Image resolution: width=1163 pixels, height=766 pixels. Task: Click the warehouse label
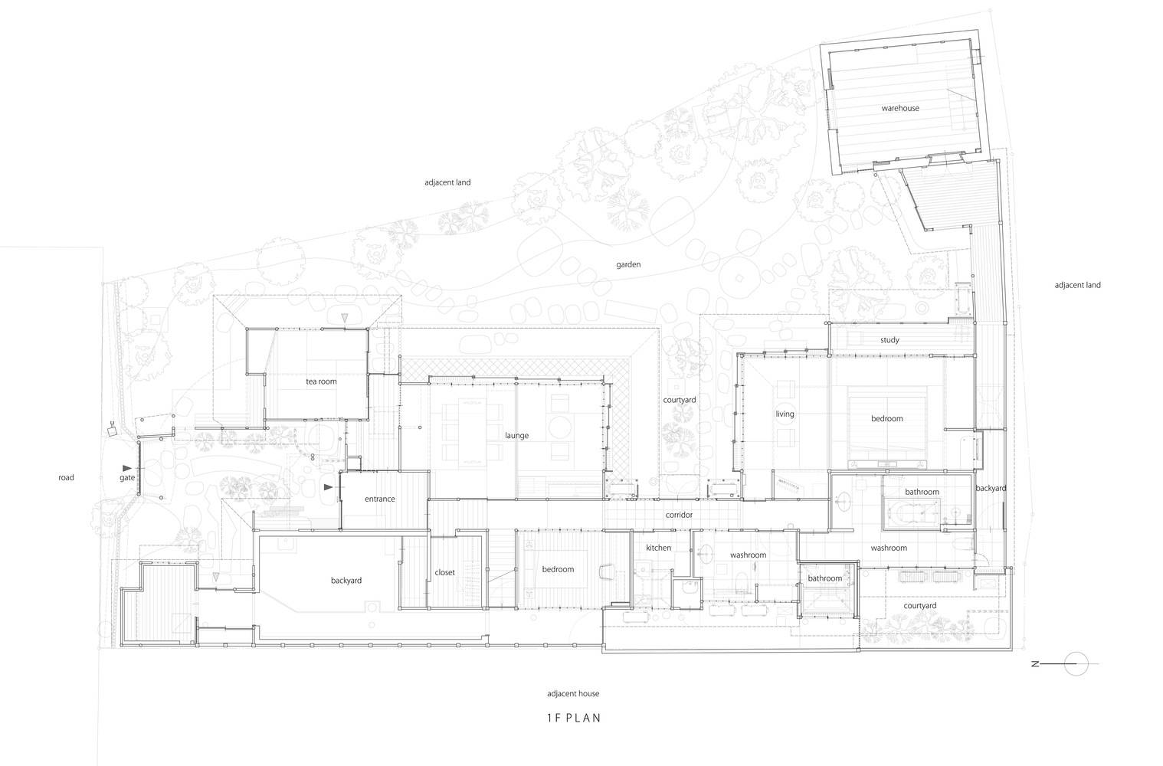(899, 108)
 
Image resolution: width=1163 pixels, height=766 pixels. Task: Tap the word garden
(628, 265)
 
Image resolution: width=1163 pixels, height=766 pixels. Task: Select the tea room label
(321, 381)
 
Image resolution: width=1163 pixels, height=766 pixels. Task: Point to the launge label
(516, 435)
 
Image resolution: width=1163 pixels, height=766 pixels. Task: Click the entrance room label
(379, 499)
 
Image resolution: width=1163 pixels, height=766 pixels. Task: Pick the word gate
(127, 478)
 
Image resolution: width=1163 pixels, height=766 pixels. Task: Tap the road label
(66, 477)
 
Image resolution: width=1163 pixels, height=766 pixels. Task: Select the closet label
(444, 572)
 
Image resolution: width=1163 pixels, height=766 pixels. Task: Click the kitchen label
(658, 548)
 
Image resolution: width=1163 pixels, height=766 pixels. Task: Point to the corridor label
(679, 515)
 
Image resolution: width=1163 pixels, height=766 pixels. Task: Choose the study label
(889, 340)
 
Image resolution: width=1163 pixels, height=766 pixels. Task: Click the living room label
(785, 414)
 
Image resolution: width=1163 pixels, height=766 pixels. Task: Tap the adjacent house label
(572, 693)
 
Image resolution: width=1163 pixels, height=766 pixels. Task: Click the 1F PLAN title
(574, 718)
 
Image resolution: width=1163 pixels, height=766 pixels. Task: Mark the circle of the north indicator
(1076, 663)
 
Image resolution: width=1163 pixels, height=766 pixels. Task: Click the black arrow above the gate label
(127, 468)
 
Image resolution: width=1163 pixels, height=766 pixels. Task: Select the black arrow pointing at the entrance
(328, 487)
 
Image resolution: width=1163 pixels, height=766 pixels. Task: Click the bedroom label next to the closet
(558, 569)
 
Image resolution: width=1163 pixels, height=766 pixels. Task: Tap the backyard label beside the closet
(346, 580)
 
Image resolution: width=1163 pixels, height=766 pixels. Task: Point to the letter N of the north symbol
(1035, 664)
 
